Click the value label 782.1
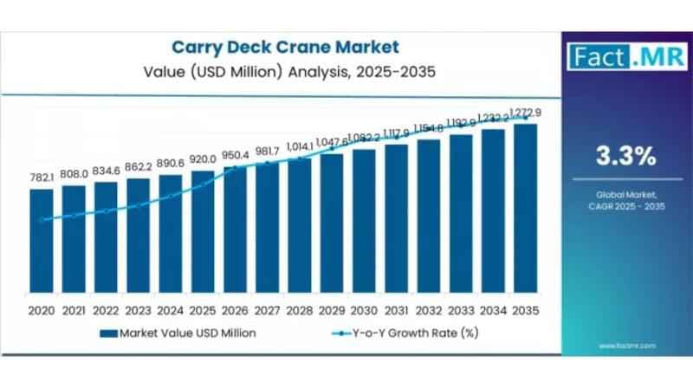click(41, 178)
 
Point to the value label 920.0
click(203, 159)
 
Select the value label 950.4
click(235, 154)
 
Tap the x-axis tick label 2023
click(138, 309)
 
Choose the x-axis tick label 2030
click(364, 309)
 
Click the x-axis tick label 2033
click(461, 309)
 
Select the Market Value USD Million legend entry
click(178, 332)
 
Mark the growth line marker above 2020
click(41, 220)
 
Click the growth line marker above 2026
click(235, 168)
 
